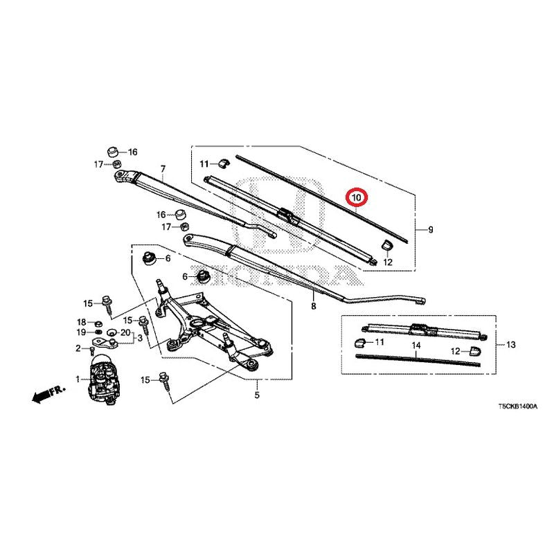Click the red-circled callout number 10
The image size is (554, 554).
357,197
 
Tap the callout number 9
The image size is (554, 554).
430,230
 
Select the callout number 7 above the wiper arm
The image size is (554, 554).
163,169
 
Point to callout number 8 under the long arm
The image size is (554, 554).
314,306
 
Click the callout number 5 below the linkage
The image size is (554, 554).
257,395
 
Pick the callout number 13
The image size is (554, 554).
511,344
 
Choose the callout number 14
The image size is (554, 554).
416,345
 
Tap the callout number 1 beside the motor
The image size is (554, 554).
78,379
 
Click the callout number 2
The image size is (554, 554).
78,349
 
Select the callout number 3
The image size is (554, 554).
140,338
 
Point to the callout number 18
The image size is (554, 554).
82,322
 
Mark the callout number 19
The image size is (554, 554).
82,332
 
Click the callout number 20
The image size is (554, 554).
125,332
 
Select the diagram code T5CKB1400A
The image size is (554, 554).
517,406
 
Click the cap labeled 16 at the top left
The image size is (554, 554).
112,152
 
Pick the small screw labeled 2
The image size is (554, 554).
92,351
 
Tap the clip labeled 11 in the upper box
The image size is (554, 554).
223,163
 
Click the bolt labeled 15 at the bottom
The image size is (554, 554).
165,380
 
